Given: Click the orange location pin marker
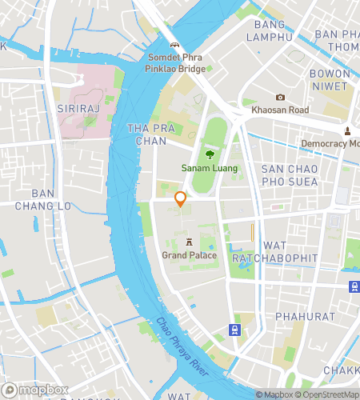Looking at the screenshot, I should pyautogui.click(x=181, y=199).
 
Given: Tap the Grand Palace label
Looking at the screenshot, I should pyautogui.click(x=189, y=255).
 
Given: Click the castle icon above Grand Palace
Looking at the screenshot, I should pyautogui.click(x=189, y=242).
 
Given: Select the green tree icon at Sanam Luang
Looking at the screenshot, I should pyautogui.click(x=210, y=154).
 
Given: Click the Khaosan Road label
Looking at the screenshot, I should pyautogui.click(x=280, y=110).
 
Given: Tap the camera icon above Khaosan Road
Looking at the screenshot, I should pyautogui.click(x=280, y=97).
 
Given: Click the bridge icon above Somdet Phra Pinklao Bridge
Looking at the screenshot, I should pyautogui.click(x=175, y=45).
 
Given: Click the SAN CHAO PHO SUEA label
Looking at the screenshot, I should pyautogui.click(x=290, y=175).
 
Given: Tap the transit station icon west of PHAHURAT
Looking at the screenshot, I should pyautogui.click(x=234, y=329).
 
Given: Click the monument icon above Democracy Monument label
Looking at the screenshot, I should pyautogui.click(x=347, y=130).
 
